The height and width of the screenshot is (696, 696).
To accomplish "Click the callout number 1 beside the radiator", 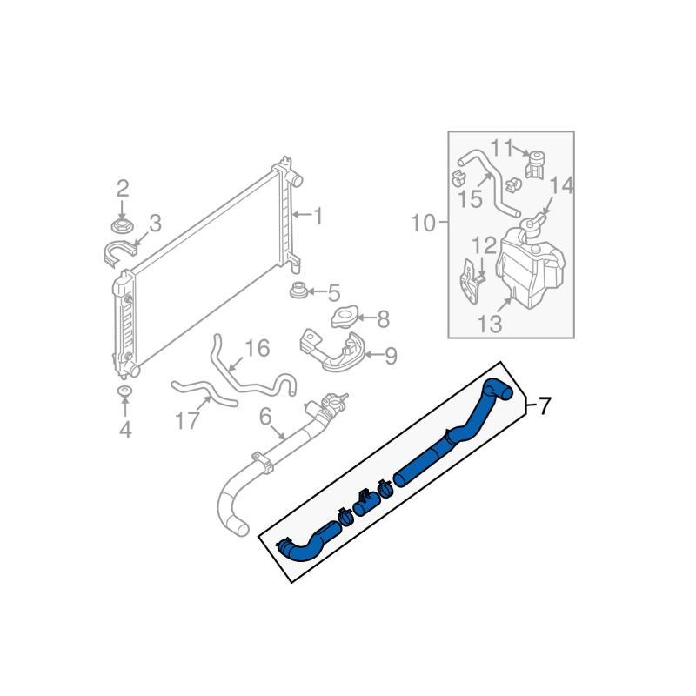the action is (x=318, y=216).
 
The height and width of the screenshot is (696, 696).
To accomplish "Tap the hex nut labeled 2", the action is (x=121, y=226).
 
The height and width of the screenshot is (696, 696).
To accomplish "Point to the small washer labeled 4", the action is (x=125, y=392).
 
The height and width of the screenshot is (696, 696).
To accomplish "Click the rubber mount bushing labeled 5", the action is (x=298, y=291).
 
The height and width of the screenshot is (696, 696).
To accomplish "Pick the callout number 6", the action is (x=265, y=417).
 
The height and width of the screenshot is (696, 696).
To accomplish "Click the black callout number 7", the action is (x=545, y=405).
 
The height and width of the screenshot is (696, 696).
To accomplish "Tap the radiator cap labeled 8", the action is (x=344, y=318).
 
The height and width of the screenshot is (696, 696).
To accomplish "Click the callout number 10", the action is (x=423, y=223).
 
